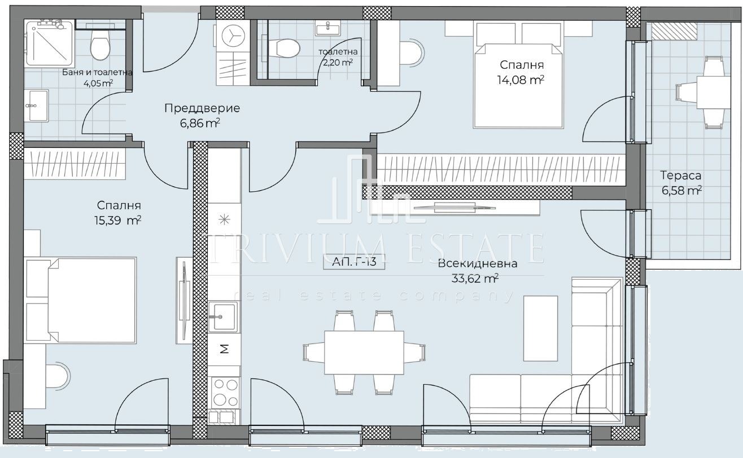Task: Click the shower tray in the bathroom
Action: (x=50, y=42)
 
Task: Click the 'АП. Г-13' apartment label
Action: (x=354, y=262)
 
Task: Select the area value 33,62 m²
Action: (x=475, y=279)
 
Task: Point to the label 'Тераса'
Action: (x=681, y=175)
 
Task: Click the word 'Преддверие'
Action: (x=202, y=108)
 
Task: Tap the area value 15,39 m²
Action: (x=118, y=221)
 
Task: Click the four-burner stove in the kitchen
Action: (x=225, y=393)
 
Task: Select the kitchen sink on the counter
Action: (x=223, y=316)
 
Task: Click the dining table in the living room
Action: (x=364, y=353)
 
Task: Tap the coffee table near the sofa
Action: (x=540, y=328)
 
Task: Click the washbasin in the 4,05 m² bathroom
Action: (x=37, y=105)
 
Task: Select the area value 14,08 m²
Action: (x=521, y=80)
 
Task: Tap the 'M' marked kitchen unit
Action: (x=225, y=349)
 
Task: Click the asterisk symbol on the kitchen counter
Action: (x=225, y=219)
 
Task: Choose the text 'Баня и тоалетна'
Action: (x=97, y=72)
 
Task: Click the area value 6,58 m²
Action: (x=681, y=191)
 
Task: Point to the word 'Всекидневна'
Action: (x=477, y=264)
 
